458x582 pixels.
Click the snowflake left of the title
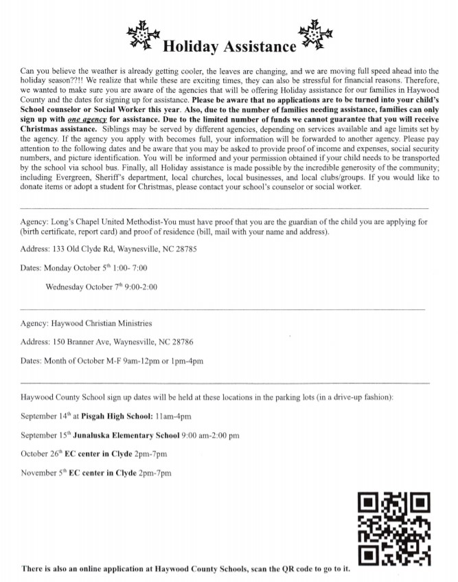pyautogui.click(x=144, y=35)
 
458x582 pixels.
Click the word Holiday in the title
pyautogui.click(x=191, y=47)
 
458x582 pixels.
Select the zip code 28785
pyautogui.click(x=185, y=249)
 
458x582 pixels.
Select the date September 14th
pyautogui.click(x=45, y=416)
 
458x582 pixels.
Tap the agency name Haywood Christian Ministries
pyautogui.click(x=102, y=322)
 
